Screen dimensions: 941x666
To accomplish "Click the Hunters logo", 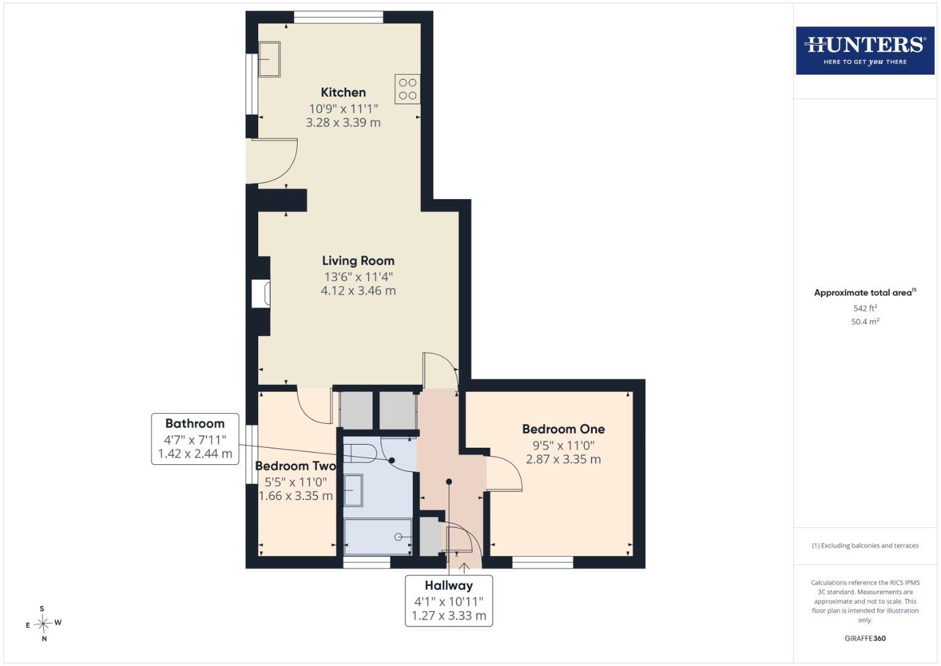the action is pyautogui.click(x=865, y=51).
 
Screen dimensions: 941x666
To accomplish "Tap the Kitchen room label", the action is pyautogui.click(x=343, y=92).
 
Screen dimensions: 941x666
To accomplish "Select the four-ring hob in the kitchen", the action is pyautogui.click(x=407, y=89).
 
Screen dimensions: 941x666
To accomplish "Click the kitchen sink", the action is pyautogui.click(x=269, y=59).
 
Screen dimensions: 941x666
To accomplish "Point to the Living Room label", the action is pyautogui.click(x=358, y=261).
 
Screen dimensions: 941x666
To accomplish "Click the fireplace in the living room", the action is pyautogui.click(x=261, y=293).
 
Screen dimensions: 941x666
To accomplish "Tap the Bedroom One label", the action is pyautogui.click(x=563, y=429).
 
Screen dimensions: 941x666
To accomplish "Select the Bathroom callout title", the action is pyautogui.click(x=195, y=423).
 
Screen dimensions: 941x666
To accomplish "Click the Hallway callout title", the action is pyautogui.click(x=449, y=585).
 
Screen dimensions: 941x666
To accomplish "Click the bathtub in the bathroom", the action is pyautogui.click(x=378, y=537).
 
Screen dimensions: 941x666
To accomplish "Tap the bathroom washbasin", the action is pyautogui.click(x=353, y=490).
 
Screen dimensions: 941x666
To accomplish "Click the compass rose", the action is pyautogui.click(x=43, y=623).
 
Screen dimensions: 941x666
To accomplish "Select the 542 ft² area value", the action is pyautogui.click(x=865, y=308).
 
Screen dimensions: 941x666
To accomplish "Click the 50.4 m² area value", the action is pyautogui.click(x=865, y=322).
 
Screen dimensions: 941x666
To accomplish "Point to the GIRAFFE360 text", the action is pyautogui.click(x=865, y=638).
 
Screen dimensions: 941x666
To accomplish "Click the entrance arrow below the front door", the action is pyautogui.click(x=464, y=568).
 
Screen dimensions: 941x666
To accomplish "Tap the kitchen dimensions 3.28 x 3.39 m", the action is pyautogui.click(x=343, y=123).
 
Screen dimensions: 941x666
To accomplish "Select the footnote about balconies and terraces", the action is pyautogui.click(x=865, y=546).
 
